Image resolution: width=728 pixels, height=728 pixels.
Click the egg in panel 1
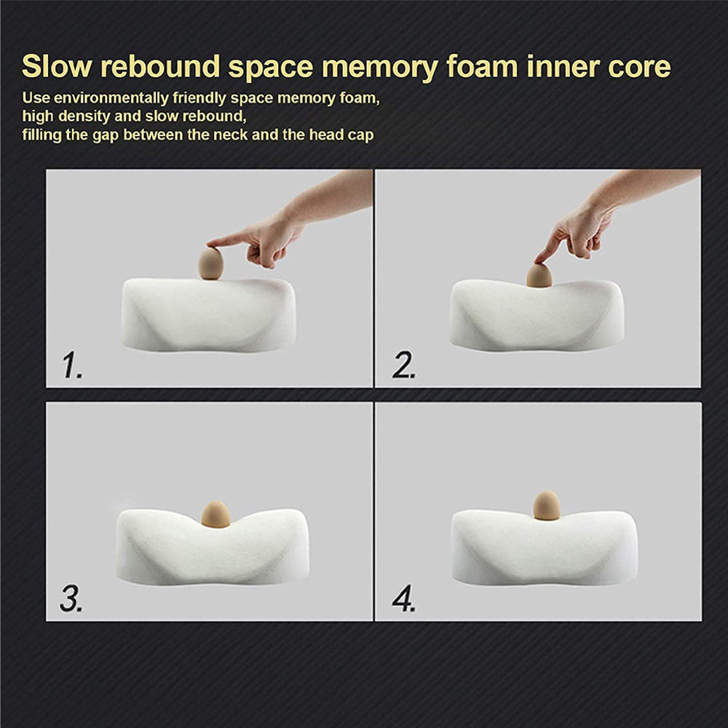click(211, 264)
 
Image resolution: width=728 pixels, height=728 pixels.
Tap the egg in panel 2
click(539, 275)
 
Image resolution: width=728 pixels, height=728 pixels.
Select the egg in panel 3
click(215, 515)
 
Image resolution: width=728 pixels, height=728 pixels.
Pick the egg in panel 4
click(547, 505)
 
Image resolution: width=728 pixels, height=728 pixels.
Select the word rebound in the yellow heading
click(160, 66)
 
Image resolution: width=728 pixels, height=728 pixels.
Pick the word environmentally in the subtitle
click(111, 99)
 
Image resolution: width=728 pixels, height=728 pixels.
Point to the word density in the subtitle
click(87, 116)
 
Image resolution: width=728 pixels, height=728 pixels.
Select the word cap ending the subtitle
click(360, 136)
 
